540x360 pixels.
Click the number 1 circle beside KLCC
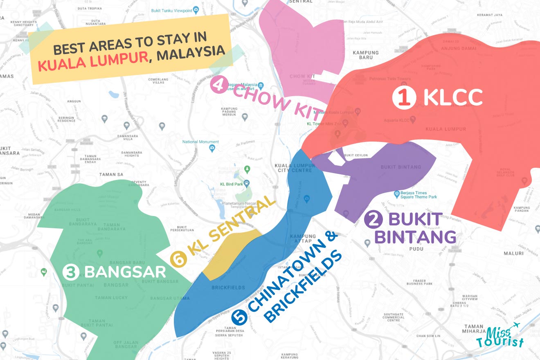point(404,98)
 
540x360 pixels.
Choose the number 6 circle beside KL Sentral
point(179,259)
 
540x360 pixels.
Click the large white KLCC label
point(453,97)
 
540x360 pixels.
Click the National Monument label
point(200,142)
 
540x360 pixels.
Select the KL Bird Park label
point(232,184)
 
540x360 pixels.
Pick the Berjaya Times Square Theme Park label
point(415,194)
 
